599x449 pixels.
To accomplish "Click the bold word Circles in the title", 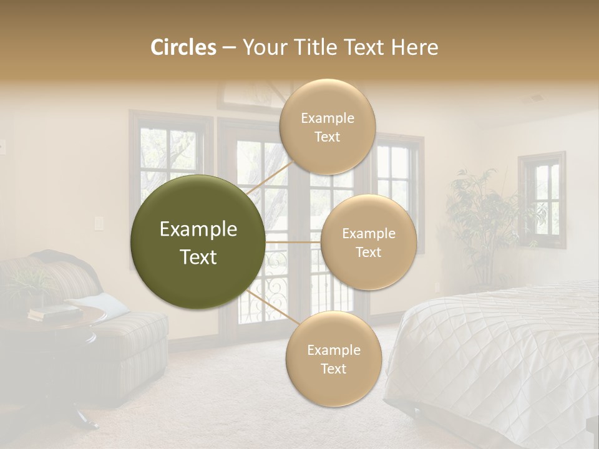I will coord(183,47).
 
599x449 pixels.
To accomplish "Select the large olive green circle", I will coord(198,242).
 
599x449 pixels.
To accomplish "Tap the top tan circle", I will coord(327,127).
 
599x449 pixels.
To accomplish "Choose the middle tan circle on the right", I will coord(368,242).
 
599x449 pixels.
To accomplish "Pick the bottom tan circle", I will coord(333,359).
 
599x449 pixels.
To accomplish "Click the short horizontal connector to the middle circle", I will coord(293,242).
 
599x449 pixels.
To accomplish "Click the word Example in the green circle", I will coord(198,229).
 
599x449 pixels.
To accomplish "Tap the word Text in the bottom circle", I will coord(333,369).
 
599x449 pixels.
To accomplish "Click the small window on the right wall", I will coord(541,200).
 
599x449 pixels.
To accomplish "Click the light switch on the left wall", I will coord(97,223).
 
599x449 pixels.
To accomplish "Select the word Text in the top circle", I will coord(327,137).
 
